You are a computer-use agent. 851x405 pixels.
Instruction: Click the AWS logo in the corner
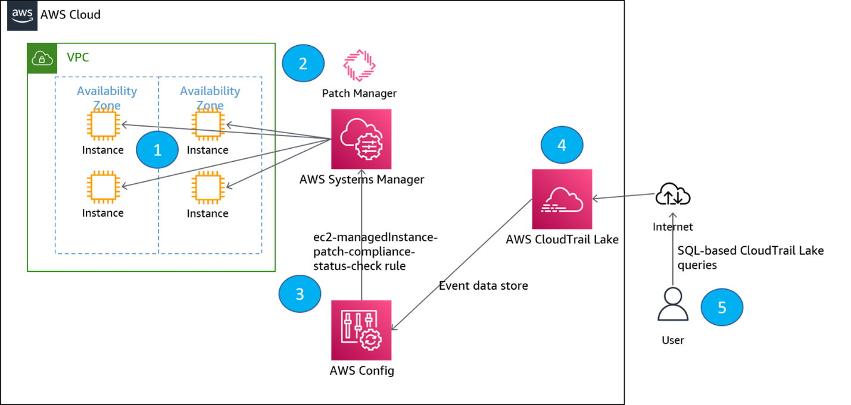click(22, 15)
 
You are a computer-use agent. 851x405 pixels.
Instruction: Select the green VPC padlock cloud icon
click(42, 58)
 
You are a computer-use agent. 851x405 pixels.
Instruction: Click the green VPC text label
click(78, 58)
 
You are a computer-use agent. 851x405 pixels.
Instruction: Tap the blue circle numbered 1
click(157, 150)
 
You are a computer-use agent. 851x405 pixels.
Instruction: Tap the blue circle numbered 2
click(303, 63)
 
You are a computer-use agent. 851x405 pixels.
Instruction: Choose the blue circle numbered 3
click(300, 294)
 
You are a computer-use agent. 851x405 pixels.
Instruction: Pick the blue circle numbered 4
click(562, 145)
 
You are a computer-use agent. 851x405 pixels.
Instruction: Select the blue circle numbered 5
click(722, 307)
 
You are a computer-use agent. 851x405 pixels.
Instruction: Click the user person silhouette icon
click(673, 304)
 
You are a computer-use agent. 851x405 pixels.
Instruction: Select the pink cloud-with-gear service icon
click(361, 139)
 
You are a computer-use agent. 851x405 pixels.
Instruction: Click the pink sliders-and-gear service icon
click(361, 330)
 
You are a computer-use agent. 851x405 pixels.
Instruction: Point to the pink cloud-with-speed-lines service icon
click(562, 199)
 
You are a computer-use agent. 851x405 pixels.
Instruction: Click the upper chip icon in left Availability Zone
click(104, 125)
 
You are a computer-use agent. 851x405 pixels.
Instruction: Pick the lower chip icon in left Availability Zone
click(104, 187)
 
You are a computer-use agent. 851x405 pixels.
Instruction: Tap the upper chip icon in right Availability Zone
click(207, 125)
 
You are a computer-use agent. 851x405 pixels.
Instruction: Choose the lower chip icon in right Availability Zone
click(207, 187)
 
